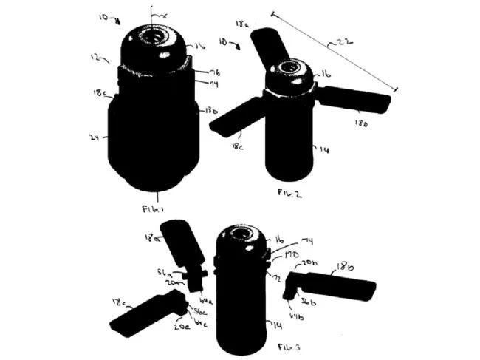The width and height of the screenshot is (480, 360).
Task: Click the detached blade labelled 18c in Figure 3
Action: pyautogui.click(x=145, y=314)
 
